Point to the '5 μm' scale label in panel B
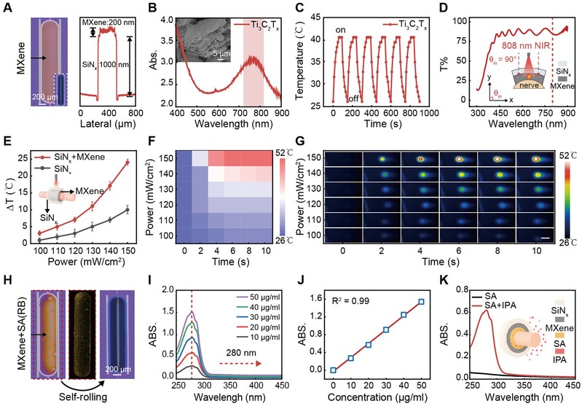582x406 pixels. click(221, 53)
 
